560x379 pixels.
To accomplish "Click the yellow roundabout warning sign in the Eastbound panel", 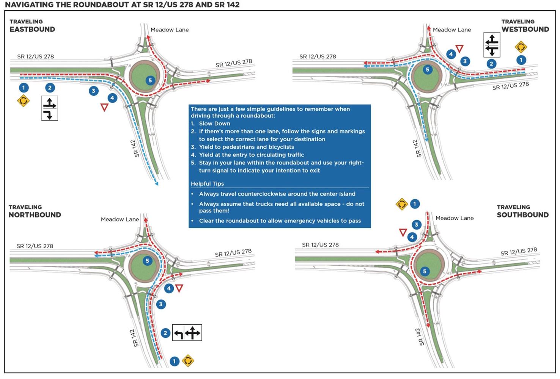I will (x=23, y=101).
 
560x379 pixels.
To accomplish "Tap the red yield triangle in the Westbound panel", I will (x=459, y=49).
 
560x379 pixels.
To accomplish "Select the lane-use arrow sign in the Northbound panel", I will (x=187, y=333).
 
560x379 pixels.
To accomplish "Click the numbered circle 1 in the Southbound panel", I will (x=415, y=204).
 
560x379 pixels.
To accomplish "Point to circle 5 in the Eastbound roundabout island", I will (x=150, y=80).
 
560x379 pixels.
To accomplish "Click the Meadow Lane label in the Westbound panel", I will (x=451, y=30).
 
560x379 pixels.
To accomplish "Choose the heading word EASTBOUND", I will (x=32, y=30).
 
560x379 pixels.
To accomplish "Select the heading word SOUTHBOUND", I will (x=522, y=215).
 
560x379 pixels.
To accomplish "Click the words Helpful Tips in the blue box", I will (x=207, y=184).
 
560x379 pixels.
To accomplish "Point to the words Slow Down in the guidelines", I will (x=214, y=124).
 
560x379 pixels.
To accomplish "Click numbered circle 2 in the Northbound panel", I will (x=165, y=333).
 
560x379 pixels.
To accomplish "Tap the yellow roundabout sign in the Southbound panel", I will (x=401, y=204).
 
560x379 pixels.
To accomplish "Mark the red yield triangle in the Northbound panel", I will (x=179, y=288).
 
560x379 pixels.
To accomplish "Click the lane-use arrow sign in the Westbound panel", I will (x=492, y=45).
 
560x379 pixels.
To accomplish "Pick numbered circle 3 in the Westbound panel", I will (x=465, y=61).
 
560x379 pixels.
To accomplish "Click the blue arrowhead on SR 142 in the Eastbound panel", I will (x=156, y=184).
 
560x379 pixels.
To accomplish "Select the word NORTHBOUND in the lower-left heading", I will (x=35, y=215).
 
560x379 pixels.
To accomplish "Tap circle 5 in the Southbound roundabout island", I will (x=425, y=271).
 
